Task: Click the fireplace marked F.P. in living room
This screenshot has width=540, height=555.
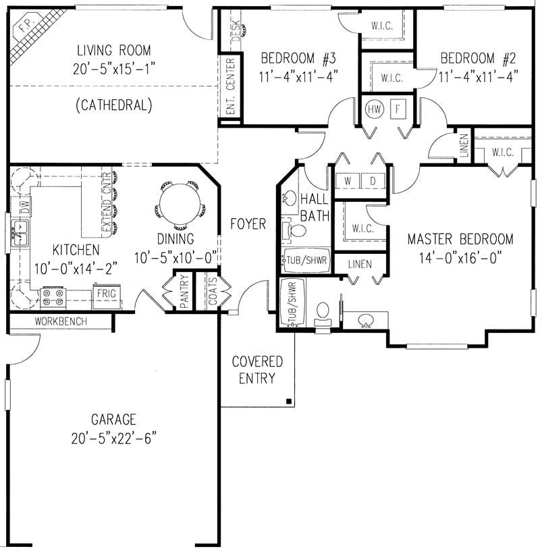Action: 26,35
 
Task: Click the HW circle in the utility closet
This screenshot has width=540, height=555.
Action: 374,108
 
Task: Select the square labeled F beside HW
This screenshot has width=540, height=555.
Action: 398,108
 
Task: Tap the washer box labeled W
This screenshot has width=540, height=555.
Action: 348,182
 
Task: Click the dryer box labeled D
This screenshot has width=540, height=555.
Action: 372,182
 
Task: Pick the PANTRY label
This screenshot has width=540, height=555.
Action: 183,292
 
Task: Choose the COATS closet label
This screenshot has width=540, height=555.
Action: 213,292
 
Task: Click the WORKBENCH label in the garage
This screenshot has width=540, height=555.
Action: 61,321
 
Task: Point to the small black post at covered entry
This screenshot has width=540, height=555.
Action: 289,402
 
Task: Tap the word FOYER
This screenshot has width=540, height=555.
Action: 248,223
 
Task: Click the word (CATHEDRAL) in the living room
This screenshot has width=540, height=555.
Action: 114,105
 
